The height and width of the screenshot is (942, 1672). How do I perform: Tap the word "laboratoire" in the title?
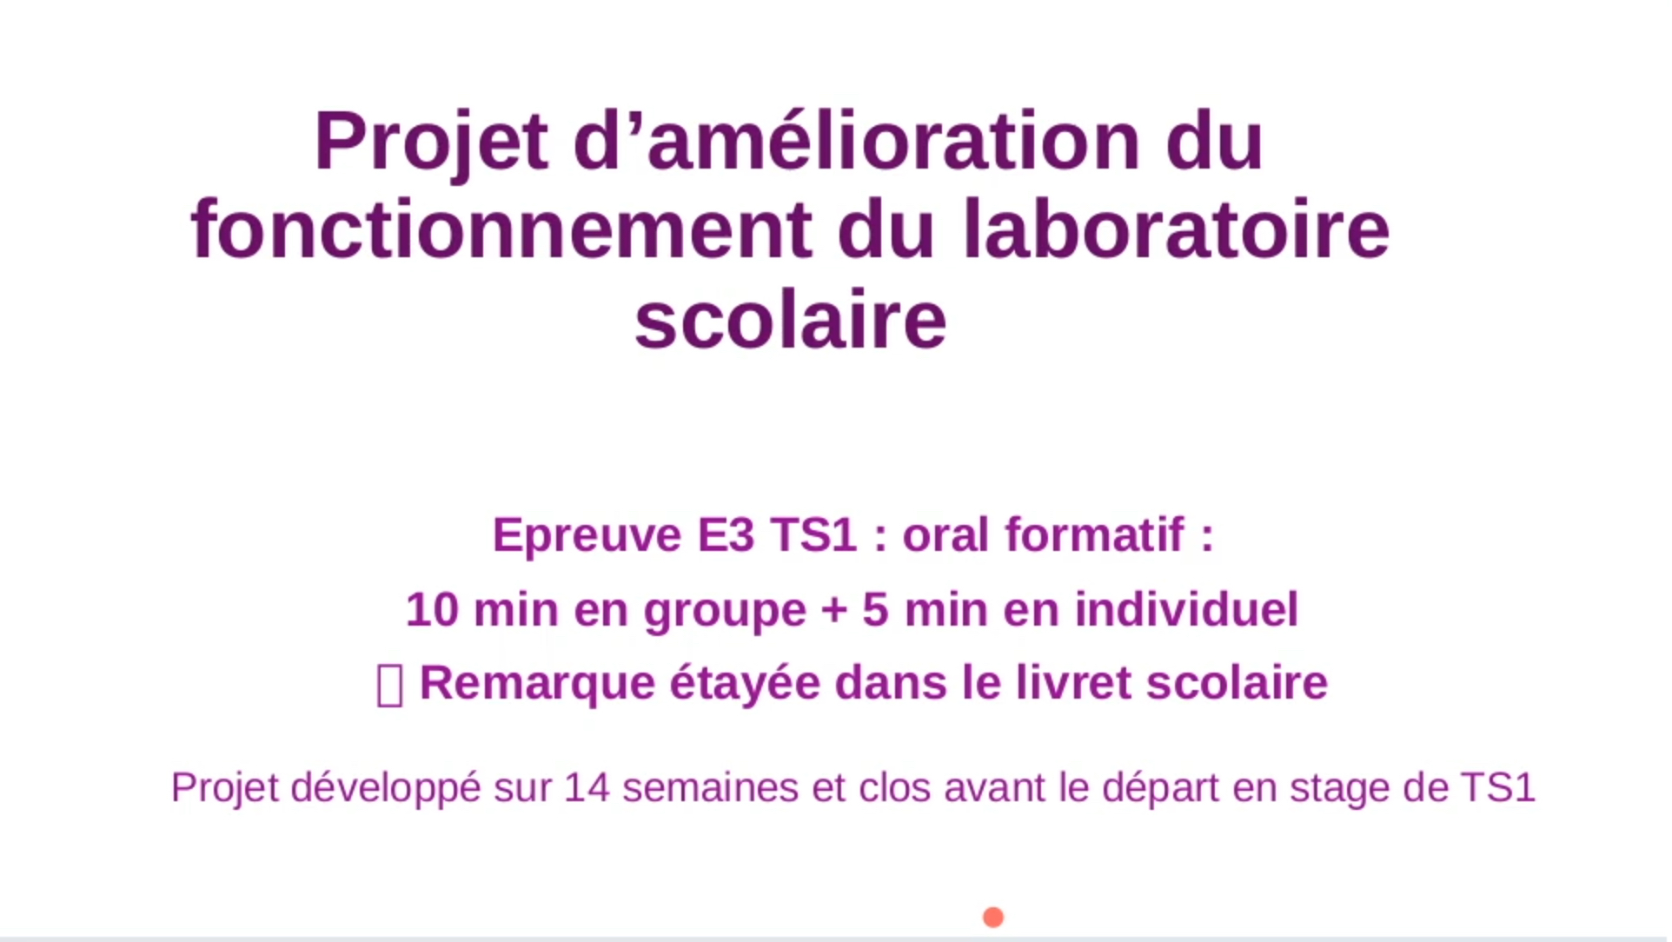[1177, 230]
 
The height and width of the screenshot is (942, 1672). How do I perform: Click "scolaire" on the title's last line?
[790, 321]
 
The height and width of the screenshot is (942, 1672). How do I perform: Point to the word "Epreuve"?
[587, 534]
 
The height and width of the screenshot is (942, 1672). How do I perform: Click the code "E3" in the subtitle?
[726, 534]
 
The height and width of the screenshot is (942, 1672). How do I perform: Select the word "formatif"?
[1095, 534]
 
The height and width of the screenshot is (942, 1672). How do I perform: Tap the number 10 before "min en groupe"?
[432, 609]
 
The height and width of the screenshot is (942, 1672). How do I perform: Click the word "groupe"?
[725, 611]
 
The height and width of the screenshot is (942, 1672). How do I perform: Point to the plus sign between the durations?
[834, 610]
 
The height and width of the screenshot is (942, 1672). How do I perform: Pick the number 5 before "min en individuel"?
[875, 609]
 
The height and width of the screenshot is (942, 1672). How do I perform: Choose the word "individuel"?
[1186, 609]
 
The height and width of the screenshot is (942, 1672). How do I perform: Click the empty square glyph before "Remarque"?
[389, 686]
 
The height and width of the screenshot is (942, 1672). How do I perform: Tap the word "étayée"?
[745, 684]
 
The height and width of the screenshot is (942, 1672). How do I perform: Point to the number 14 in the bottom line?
[587, 788]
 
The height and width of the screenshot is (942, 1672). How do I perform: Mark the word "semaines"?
[710, 788]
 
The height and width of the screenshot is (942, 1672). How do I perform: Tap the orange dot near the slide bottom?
[993, 918]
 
